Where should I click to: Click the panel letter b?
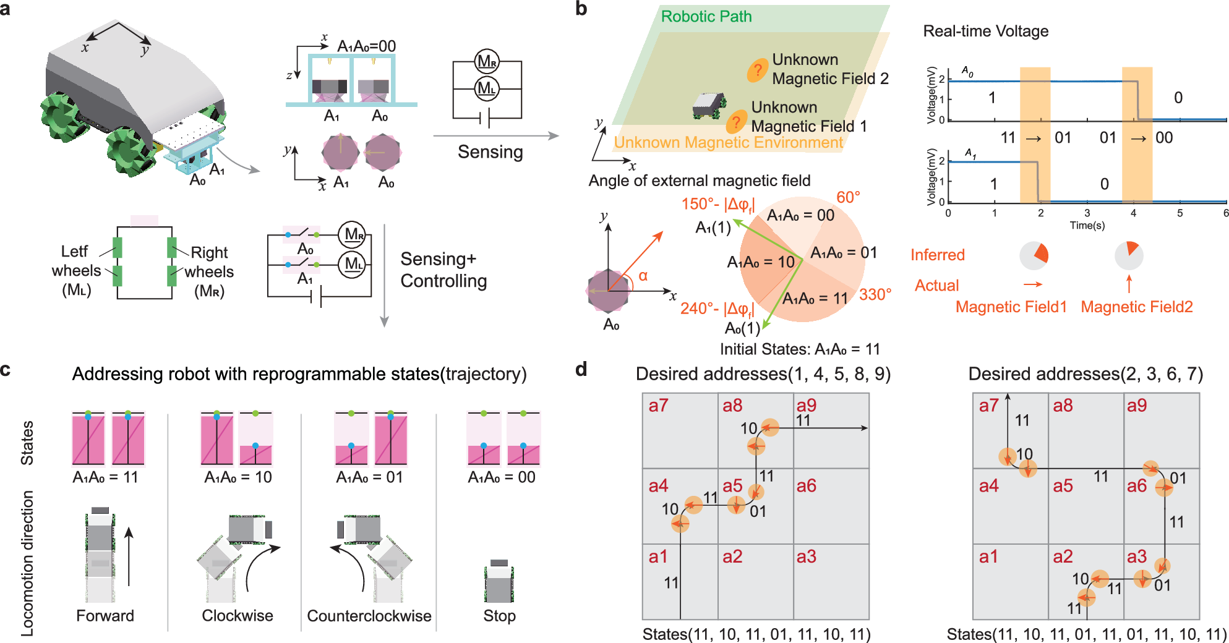coord(581,9)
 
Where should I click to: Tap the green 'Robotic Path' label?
coord(706,17)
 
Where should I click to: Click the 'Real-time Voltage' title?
coord(985,32)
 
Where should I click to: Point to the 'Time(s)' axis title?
coord(1087,226)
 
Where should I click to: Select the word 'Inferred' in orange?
coord(937,255)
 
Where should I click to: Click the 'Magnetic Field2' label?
coord(1136,307)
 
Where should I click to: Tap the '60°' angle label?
coord(848,197)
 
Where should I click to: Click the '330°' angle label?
coord(875,294)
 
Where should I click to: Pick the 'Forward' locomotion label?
coord(105,616)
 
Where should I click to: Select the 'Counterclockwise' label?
coord(369,616)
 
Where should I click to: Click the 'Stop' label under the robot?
coord(499,616)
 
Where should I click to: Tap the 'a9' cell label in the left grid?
coord(806,406)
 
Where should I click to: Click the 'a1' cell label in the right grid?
coord(988,556)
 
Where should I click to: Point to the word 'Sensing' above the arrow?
coord(490,152)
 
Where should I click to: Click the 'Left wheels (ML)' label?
coord(76,271)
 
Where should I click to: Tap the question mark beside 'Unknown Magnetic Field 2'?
coord(757,70)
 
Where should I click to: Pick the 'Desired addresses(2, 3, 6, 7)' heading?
coord(1086,374)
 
